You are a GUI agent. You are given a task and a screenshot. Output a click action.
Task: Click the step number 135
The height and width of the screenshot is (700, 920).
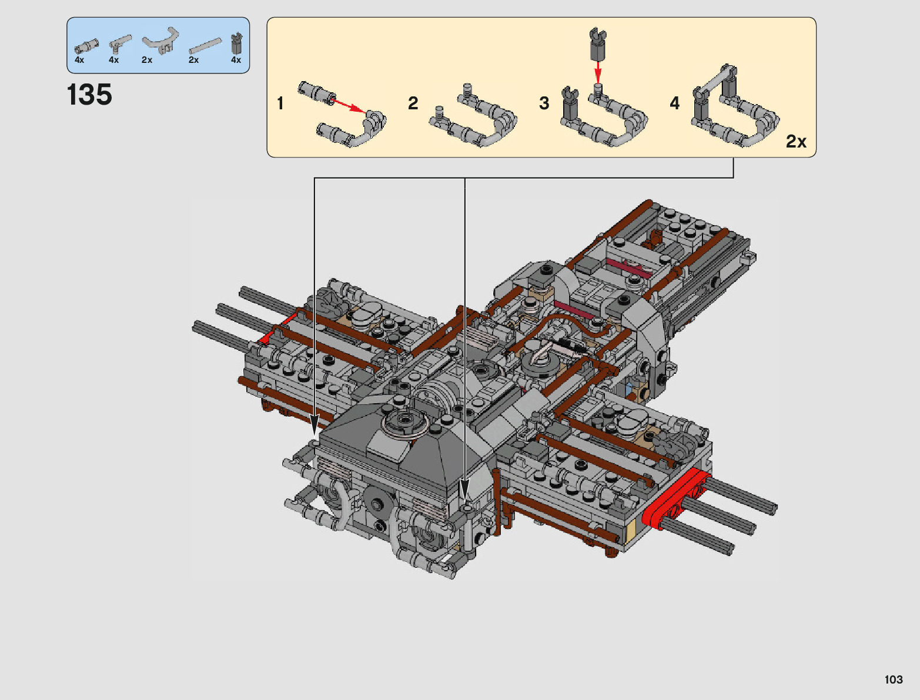click(89, 94)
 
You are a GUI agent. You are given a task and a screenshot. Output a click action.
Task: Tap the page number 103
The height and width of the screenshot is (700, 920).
click(894, 679)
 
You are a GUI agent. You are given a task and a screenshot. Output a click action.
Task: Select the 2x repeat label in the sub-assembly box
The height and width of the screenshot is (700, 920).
click(796, 142)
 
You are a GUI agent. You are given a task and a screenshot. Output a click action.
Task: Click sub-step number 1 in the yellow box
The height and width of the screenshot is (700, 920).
click(280, 103)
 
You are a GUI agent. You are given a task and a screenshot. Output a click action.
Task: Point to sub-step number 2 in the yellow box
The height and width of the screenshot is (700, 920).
click(413, 103)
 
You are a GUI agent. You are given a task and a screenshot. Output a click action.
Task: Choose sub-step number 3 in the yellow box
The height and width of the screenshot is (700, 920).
click(544, 103)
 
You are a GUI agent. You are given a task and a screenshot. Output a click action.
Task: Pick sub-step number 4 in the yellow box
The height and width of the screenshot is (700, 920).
click(674, 103)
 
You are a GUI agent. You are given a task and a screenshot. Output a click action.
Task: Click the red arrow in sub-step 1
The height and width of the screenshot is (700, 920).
click(349, 106)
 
